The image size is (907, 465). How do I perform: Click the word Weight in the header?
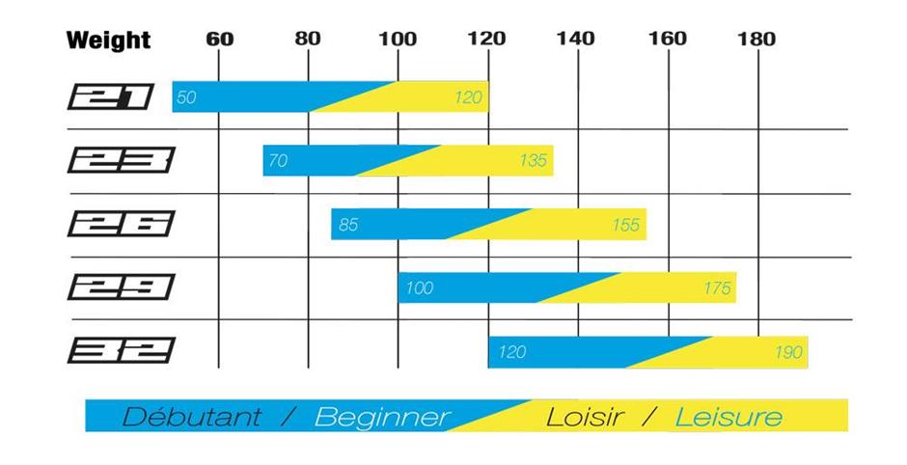coord(108,41)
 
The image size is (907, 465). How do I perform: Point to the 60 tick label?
coord(219,39)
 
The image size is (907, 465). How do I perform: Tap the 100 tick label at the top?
coord(398,39)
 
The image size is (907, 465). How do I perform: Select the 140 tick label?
coord(576,39)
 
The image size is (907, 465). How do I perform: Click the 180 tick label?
coord(756,39)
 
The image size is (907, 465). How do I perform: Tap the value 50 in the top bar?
coord(186,97)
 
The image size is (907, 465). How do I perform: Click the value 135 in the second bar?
coord(533,161)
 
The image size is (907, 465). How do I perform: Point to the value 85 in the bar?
coord(348,225)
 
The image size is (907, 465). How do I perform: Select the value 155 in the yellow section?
coord(625,225)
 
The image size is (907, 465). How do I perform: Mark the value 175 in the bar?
coord(716,288)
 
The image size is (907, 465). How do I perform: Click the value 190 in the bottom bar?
coord(787,352)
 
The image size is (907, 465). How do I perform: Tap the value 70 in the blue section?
coord(277,161)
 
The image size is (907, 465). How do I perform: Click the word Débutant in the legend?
coord(191,417)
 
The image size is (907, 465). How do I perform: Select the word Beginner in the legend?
coord(382,417)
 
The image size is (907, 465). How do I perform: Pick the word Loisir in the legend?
coord(583,417)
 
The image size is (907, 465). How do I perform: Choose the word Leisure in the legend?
coord(728,417)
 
